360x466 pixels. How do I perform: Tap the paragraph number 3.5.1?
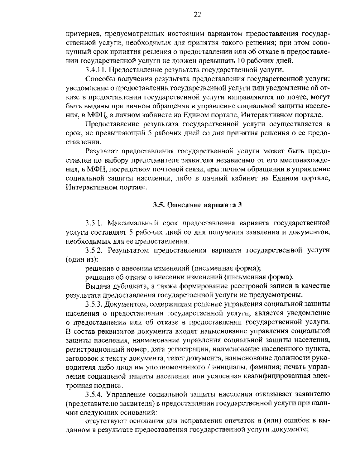(94, 224)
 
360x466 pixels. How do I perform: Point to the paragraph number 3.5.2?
(95, 251)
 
